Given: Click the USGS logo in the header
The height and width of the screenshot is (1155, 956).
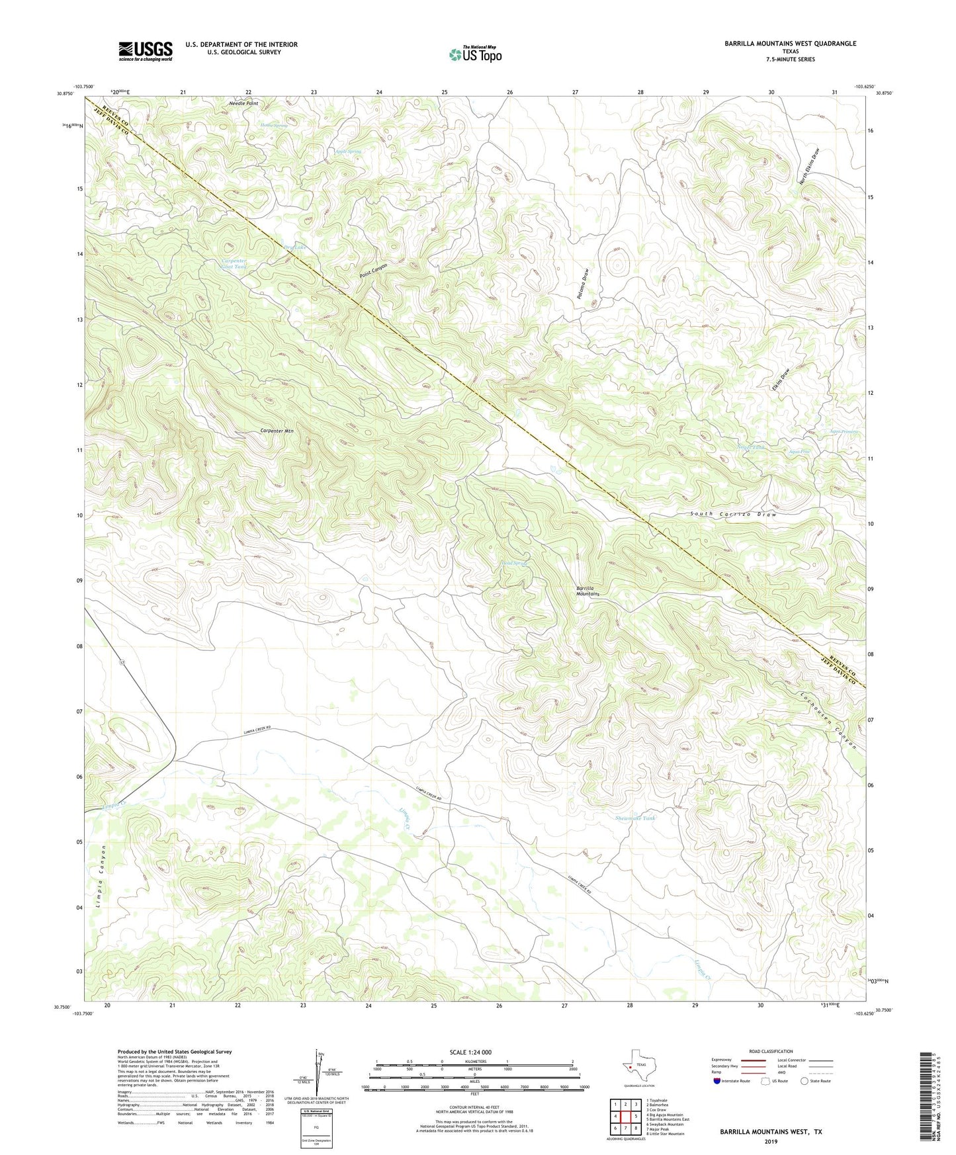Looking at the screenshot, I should click(x=146, y=51).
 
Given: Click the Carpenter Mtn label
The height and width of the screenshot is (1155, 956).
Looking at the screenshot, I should click(x=277, y=431).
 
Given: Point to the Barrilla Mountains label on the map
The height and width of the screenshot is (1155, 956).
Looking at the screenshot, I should click(x=587, y=591).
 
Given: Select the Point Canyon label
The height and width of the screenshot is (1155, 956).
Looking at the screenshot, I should click(x=373, y=271).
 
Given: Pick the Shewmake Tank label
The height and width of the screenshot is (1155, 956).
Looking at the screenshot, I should click(x=635, y=818).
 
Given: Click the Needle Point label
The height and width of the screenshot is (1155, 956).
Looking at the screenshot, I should click(x=243, y=104).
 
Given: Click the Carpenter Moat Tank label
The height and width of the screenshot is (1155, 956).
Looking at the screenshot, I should click(x=234, y=264).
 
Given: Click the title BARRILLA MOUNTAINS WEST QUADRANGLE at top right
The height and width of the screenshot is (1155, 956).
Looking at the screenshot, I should click(x=790, y=44).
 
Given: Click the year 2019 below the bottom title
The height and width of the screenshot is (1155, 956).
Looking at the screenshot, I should click(x=771, y=1141).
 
